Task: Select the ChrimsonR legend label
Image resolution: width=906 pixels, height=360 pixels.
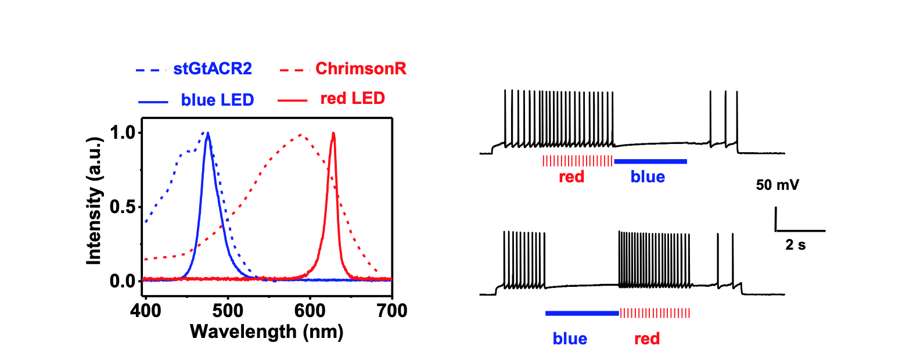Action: point(361,70)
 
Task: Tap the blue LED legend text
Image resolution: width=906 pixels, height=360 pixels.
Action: point(217,100)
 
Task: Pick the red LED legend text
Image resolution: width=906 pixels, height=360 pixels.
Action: point(353,99)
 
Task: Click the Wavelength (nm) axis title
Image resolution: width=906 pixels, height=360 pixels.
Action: point(267,332)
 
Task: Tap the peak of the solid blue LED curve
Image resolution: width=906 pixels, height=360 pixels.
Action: point(207,134)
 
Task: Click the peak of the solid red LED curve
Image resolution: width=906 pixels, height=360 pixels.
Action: point(333,134)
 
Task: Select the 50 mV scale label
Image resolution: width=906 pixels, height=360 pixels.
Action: point(776,186)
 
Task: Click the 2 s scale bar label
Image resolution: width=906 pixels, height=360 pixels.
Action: point(796,245)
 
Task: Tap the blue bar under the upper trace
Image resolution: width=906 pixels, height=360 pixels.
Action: point(650,161)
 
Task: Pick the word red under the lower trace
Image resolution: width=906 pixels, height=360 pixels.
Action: point(647,339)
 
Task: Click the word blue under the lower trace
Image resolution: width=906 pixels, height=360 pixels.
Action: point(570,339)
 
